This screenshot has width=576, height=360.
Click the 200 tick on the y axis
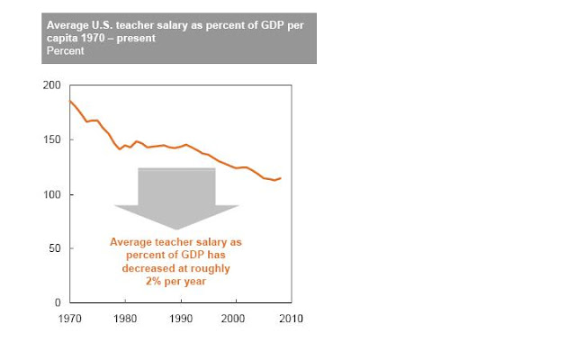(53, 85)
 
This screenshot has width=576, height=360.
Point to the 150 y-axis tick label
(53, 140)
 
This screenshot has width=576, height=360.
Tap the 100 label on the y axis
(53, 195)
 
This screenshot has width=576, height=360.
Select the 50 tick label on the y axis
(56, 249)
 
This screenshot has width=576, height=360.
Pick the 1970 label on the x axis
(70, 319)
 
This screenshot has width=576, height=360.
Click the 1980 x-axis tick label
(125, 319)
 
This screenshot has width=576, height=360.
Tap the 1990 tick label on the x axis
(180, 319)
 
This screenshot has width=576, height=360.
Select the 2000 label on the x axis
(235, 319)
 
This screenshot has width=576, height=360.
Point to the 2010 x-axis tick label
(290, 319)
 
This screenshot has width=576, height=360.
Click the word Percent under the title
(67, 52)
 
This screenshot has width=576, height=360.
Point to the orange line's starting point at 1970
(70, 101)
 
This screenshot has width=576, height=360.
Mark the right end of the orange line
(281, 178)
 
